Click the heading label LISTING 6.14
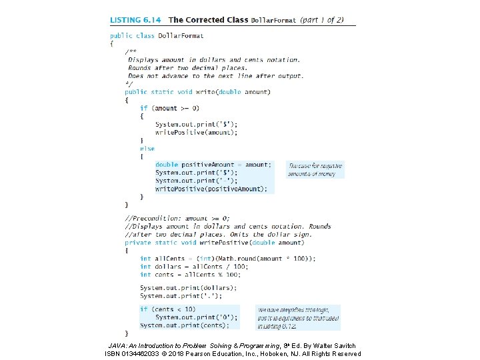(136, 20)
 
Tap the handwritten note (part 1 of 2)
(321, 19)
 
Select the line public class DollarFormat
(157, 35)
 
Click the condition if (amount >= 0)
(169, 108)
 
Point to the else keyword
(147, 149)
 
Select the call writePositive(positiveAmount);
(211, 189)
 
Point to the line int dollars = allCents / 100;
(190, 267)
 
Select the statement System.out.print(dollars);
(188, 288)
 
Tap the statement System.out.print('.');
(180, 296)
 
